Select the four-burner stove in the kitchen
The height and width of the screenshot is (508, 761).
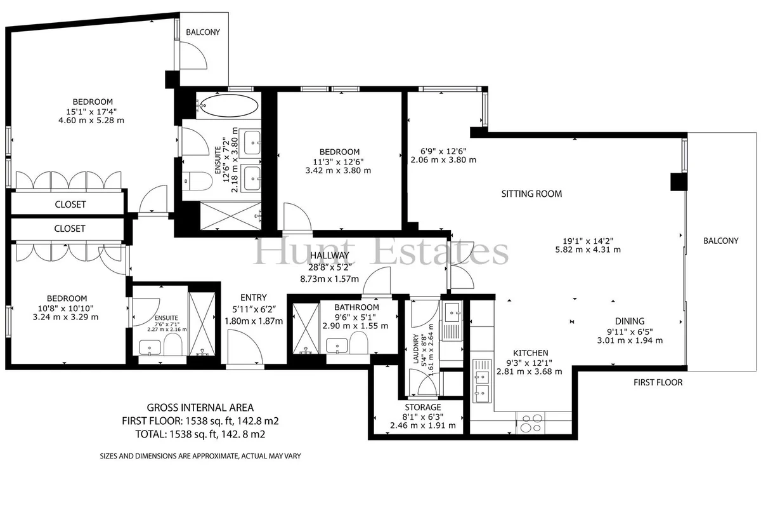[531, 423]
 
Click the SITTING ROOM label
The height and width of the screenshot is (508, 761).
[531, 194]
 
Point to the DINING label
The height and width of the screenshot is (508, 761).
[630, 321]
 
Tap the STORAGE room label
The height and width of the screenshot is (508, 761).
[422, 407]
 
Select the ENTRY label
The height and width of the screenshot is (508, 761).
[254, 297]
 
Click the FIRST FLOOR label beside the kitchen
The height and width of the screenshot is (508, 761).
[658, 382]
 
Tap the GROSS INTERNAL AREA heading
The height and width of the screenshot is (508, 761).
[200, 407]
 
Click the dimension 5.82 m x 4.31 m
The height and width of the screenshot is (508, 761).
[588, 250]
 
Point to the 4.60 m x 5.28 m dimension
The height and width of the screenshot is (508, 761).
[91, 120]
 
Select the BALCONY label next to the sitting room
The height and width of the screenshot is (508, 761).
[721, 241]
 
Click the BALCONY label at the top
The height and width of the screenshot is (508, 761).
[203, 32]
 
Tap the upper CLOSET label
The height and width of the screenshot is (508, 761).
[70, 204]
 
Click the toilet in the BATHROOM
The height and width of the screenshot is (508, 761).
[359, 343]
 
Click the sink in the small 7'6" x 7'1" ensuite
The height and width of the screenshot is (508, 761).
[150, 347]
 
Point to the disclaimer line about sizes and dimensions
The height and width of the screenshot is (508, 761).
[200, 456]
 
